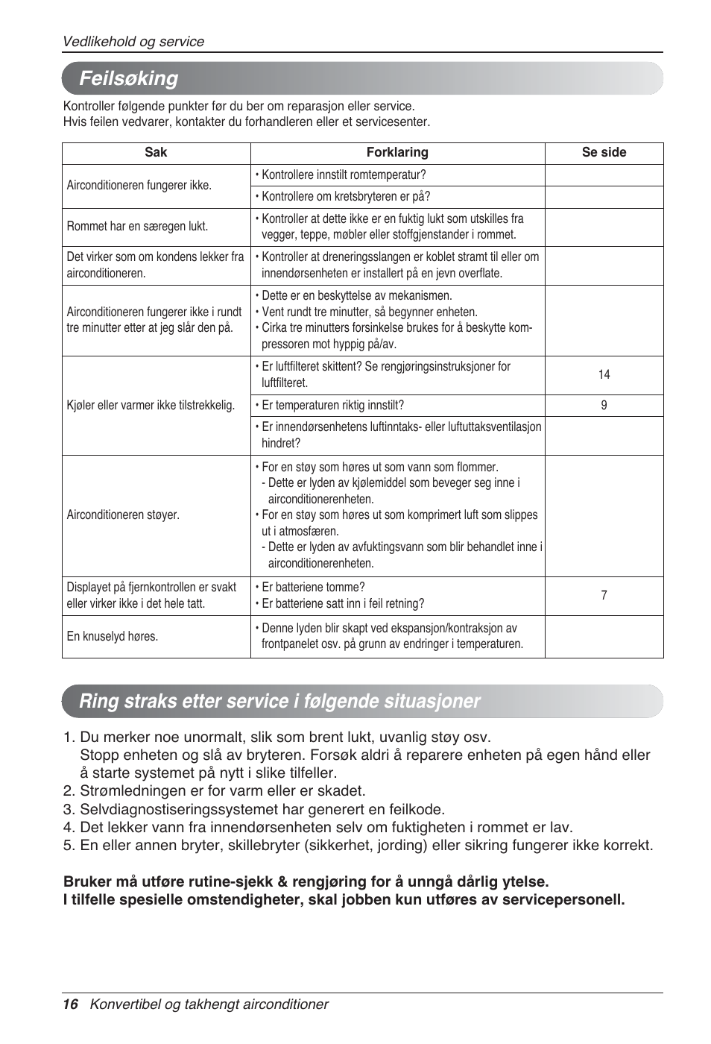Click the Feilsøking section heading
click(x=129, y=78)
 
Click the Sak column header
click(x=156, y=152)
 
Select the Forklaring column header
click(x=397, y=152)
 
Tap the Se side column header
click(x=604, y=152)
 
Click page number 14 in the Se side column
click(x=604, y=374)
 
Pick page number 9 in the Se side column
click(x=604, y=405)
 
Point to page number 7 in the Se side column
click(x=604, y=595)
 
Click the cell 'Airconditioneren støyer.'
click(x=123, y=515)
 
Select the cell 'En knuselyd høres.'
click(x=113, y=636)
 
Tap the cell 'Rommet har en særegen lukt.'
click(x=137, y=226)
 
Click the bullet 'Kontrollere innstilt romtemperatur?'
click(x=343, y=174)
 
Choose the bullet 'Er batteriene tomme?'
click(x=312, y=587)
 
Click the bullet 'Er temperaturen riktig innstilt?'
click(x=332, y=405)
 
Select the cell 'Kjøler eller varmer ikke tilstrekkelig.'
click(x=151, y=405)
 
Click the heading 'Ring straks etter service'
click(x=279, y=701)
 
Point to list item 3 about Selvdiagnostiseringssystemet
click(x=253, y=809)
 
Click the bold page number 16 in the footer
click(x=70, y=1004)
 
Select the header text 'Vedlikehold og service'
click(x=133, y=42)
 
